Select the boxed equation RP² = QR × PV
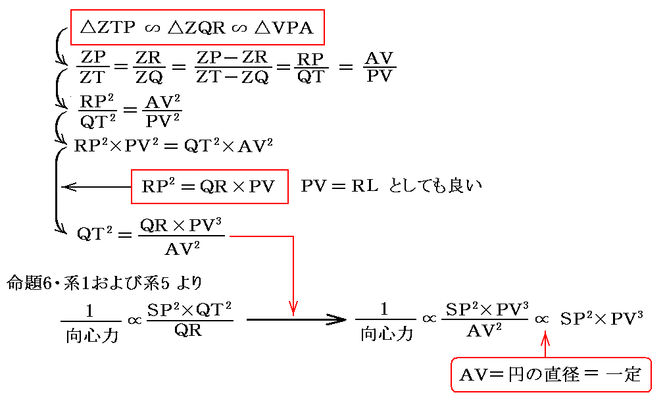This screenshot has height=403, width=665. tap(209, 186)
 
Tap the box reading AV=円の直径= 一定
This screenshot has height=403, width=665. tap(550, 375)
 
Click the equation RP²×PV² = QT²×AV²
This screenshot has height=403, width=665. tap(174, 146)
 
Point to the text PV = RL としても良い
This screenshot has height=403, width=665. tap(391, 186)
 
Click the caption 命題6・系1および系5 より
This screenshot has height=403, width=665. tap(105, 283)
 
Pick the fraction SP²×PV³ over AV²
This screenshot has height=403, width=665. tap(486, 320)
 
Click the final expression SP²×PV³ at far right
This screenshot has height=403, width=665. tap(601, 319)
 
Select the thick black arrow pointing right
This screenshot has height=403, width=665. tap(296, 320)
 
